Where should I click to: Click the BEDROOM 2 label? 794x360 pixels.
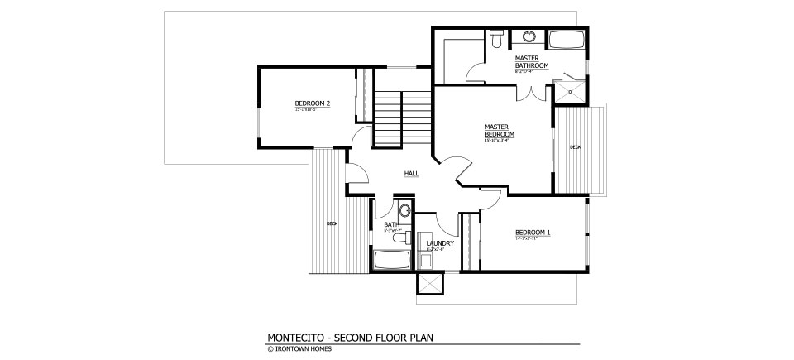tap(313, 103)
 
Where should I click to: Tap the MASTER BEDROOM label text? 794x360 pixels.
tap(500, 131)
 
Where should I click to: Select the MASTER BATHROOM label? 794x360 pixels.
tap(531, 61)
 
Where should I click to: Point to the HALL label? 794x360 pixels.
tap(411, 174)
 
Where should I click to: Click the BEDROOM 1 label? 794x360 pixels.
tap(533, 233)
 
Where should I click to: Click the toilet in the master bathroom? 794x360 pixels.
tap(496, 38)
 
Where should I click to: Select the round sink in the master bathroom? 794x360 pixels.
tap(528, 37)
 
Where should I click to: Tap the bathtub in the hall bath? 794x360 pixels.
tap(392, 260)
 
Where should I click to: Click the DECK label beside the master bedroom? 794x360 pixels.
tap(575, 147)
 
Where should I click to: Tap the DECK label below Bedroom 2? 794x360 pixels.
tap(332, 223)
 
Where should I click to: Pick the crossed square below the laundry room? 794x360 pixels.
tap(430, 284)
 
